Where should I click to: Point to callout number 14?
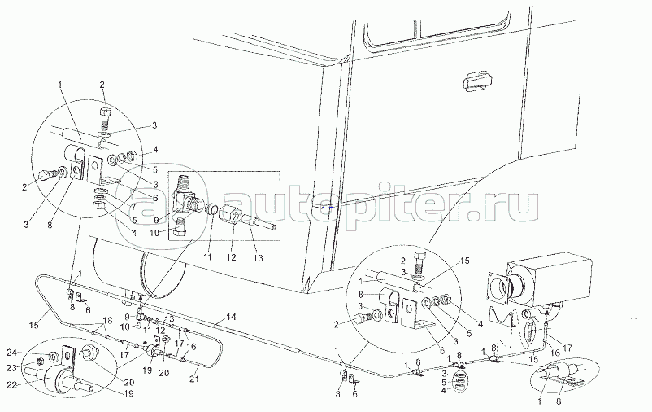click(x=231, y=315)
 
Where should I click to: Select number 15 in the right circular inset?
click(x=464, y=261)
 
